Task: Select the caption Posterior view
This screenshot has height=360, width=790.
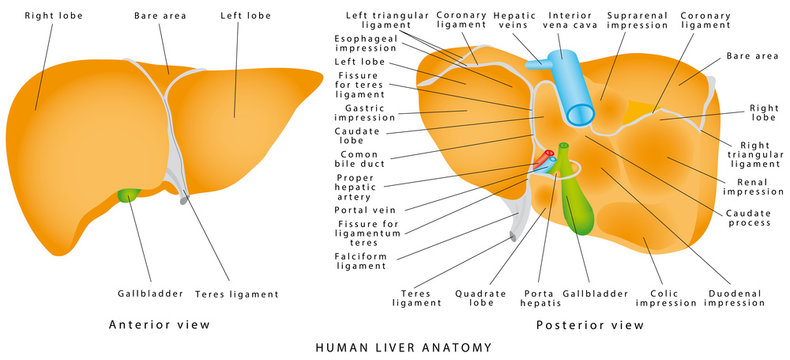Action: point(590,325)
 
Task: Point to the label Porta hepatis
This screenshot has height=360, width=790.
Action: point(540,298)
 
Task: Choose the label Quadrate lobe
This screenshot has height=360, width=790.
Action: point(478,298)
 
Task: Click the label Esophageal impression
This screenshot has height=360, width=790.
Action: point(364,43)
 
